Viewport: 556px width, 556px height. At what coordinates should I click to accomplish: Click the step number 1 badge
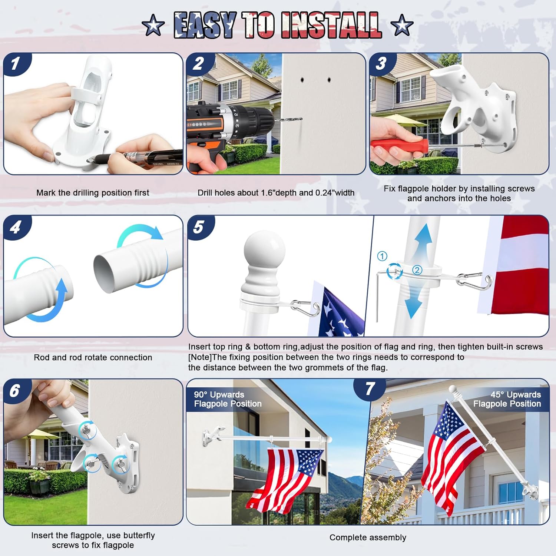[x=15, y=63]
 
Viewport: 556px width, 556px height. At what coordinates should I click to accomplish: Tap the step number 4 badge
[x=15, y=227]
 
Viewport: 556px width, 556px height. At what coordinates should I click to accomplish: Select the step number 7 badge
[x=370, y=389]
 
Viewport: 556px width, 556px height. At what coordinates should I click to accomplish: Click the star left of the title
[x=153, y=26]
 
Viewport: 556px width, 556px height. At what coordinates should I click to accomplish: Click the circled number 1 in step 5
[x=382, y=256]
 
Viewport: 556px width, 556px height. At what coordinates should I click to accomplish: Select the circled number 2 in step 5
[x=417, y=270]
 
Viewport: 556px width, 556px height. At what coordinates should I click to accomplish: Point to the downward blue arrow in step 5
[x=413, y=302]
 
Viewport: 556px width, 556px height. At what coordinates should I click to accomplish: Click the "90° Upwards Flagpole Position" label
[x=228, y=399]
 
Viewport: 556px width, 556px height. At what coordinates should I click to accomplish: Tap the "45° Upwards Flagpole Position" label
[x=507, y=399]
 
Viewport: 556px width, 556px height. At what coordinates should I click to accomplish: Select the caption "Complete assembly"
[x=368, y=537]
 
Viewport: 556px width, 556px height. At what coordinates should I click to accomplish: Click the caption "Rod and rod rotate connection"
[x=93, y=357]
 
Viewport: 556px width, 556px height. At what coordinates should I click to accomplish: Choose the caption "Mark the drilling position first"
[x=93, y=193]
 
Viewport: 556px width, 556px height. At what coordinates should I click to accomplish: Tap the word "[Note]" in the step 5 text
[x=200, y=357]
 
